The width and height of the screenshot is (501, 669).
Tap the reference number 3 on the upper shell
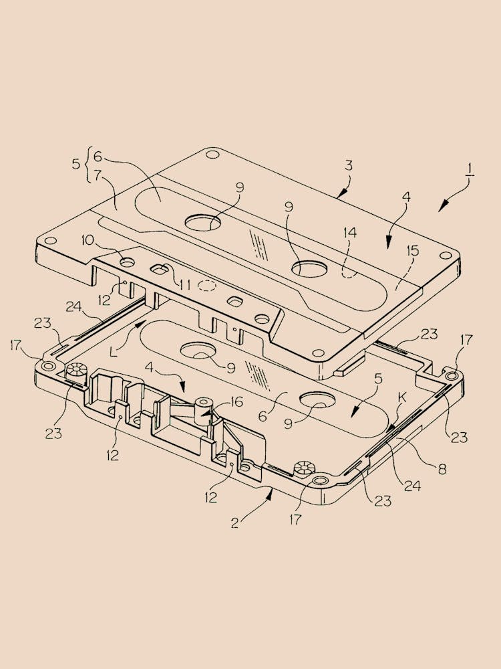[x=348, y=165]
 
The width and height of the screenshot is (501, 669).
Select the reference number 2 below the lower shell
[x=235, y=522]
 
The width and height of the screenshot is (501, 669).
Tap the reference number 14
[x=349, y=233]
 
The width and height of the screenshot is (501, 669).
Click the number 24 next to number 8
[x=412, y=486]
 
